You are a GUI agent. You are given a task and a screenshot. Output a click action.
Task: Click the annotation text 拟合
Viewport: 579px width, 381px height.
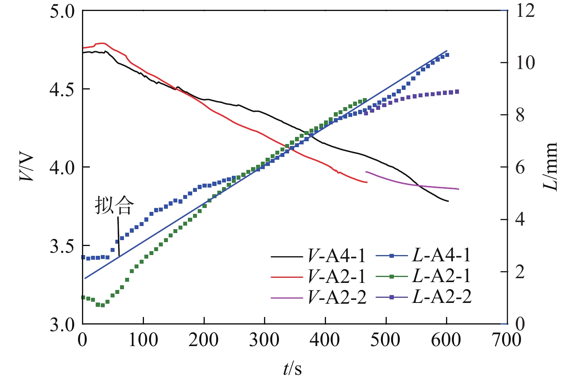coord(115,205)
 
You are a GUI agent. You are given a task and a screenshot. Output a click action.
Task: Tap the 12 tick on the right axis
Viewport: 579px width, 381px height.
coord(525,11)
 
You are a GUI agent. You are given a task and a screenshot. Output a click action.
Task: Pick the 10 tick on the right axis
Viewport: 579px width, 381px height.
coord(525,63)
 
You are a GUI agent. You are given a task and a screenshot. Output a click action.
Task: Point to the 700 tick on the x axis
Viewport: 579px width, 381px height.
coord(506,340)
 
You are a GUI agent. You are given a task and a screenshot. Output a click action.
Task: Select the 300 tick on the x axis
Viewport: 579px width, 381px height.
coord(264,340)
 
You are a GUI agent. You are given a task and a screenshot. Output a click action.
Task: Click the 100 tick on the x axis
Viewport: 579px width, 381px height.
coord(143,340)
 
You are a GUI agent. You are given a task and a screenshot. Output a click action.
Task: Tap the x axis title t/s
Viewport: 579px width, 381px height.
coord(293,369)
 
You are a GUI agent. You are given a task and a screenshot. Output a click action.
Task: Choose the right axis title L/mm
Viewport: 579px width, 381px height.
coord(551,167)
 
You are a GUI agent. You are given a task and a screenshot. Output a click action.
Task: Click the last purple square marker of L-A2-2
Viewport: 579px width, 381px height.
coord(457,92)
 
